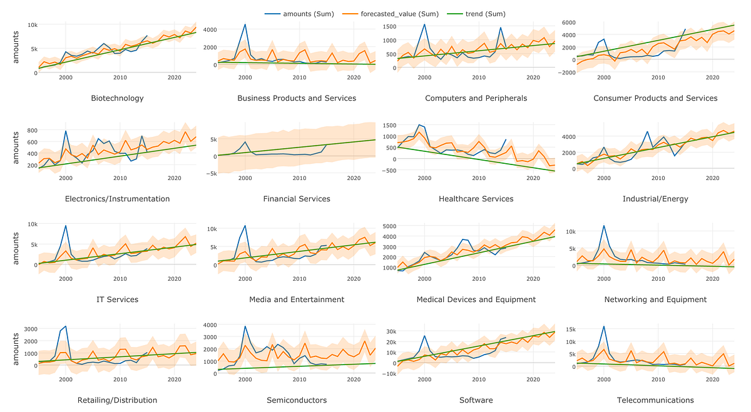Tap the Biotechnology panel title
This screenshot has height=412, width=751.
point(117,98)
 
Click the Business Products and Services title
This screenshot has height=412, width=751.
point(297,98)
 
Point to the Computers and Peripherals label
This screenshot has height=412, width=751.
point(476,98)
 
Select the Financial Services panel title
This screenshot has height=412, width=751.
point(297,199)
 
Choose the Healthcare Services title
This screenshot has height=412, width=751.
point(476,199)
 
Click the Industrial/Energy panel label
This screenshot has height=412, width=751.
point(655,199)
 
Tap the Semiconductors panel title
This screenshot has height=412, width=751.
point(297,400)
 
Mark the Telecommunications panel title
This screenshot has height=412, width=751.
point(655,400)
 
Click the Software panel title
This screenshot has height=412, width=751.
point(476,400)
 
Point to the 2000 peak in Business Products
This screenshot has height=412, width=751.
point(245,24)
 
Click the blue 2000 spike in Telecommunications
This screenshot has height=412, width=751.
point(604,326)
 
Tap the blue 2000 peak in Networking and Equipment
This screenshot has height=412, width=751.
point(604,226)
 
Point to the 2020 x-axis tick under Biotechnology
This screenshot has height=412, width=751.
point(175,78)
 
